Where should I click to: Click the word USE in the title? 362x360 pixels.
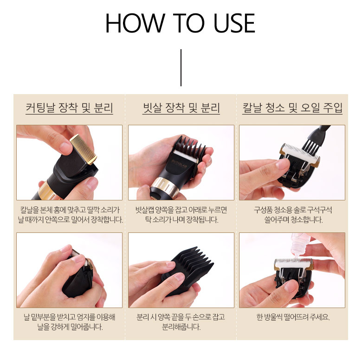(234, 23)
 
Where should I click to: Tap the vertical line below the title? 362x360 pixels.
(181, 68)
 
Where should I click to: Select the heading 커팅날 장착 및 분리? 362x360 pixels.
(69, 108)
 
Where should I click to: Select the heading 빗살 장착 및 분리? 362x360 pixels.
(181, 108)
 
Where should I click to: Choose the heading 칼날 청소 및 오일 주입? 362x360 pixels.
(292, 108)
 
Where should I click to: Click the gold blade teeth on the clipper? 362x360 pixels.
(84, 148)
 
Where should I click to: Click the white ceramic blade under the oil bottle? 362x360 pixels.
(293, 263)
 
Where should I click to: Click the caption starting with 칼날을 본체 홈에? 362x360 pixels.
(70, 215)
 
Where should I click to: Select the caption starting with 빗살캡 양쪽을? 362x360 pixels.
(181, 215)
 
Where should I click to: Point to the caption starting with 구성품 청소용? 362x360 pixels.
(293, 215)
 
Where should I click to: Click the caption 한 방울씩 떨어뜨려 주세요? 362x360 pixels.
(293, 317)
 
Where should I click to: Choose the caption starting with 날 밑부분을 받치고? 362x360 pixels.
(70, 322)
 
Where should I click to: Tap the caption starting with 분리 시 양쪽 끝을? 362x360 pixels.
(181, 322)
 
